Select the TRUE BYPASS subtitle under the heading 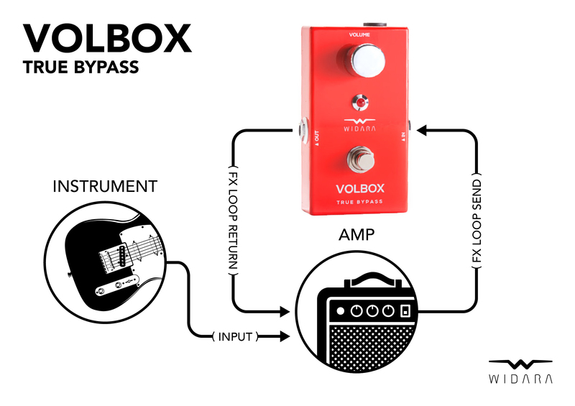pos(80,69)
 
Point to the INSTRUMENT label pos(105,187)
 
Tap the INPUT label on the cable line pos(235,336)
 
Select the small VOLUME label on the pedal pos(360,34)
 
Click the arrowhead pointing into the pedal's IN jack pos(422,131)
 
